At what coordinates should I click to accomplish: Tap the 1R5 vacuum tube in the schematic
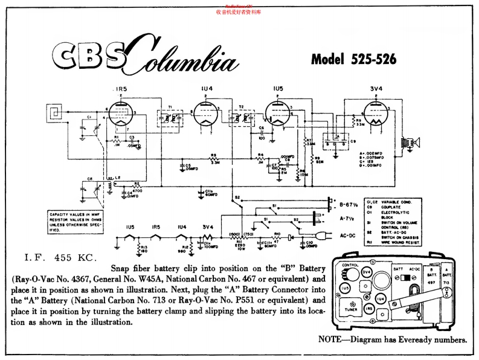tap(119, 113)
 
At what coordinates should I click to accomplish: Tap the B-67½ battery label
tap(351, 204)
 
